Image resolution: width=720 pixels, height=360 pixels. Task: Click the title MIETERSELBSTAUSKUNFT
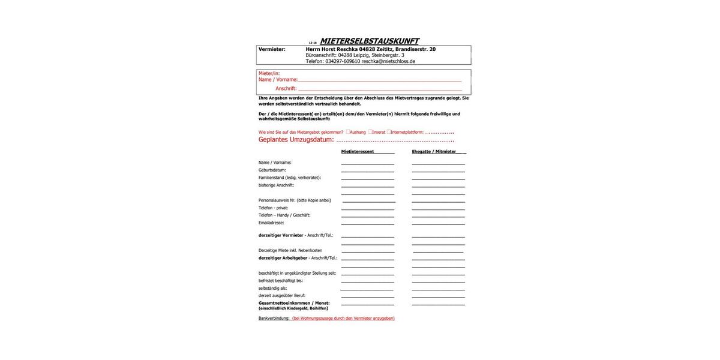click(x=369, y=41)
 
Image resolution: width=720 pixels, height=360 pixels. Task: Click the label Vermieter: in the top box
click(x=272, y=49)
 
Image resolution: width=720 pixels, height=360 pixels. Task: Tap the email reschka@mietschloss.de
click(x=388, y=61)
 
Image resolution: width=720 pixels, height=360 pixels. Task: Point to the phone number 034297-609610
click(x=343, y=61)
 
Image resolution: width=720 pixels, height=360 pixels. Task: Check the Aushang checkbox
click(x=348, y=131)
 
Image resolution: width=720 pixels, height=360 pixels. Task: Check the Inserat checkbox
click(x=370, y=131)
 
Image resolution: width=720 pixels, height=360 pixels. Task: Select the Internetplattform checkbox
click(x=389, y=131)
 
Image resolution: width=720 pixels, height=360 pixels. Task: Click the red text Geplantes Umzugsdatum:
click(x=296, y=140)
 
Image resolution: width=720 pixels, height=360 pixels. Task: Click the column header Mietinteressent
click(x=358, y=152)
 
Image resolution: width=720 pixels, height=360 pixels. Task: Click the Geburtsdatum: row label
click(x=272, y=170)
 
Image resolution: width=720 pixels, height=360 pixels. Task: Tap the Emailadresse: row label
click(x=271, y=223)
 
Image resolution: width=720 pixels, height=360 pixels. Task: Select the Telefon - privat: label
click(x=274, y=208)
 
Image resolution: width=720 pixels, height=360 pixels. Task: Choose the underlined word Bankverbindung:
click(x=274, y=319)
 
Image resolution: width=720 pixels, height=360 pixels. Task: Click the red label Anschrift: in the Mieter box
click(x=286, y=89)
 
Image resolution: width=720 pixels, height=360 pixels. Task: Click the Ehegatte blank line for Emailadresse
click(x=439, y=224)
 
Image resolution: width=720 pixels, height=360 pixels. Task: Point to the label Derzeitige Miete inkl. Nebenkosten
click(x=290, y=250)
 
